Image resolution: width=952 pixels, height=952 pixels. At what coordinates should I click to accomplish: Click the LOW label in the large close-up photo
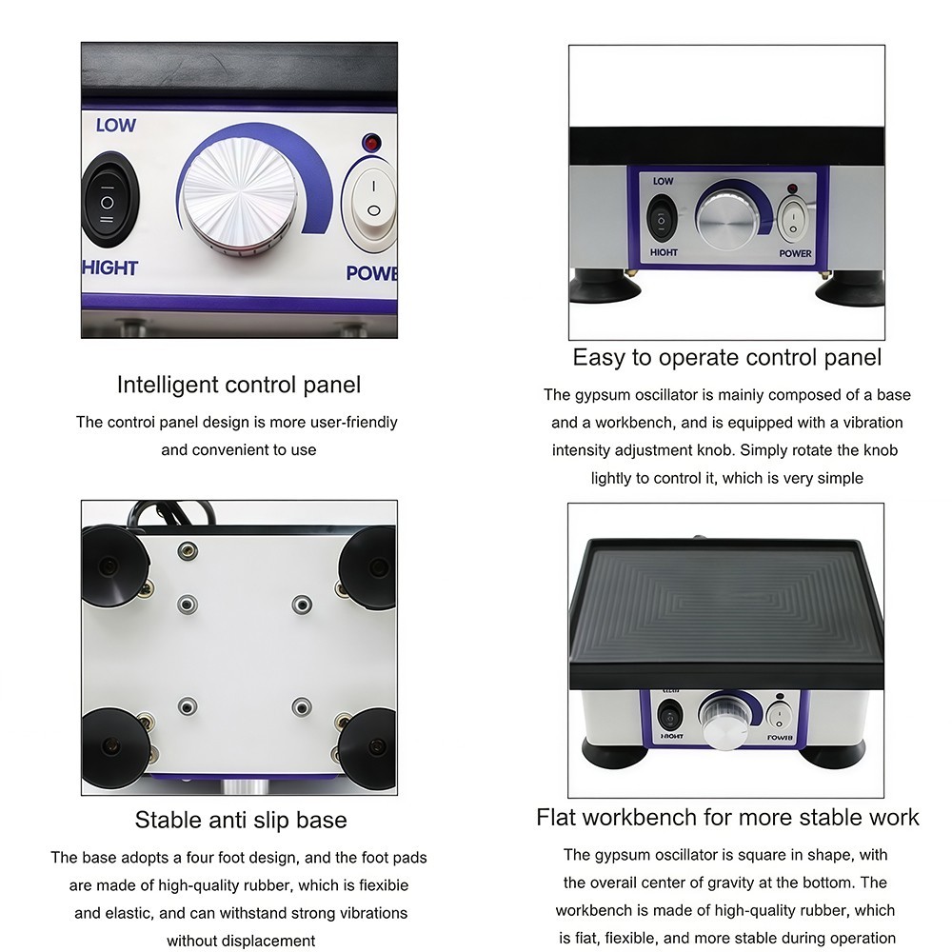coord(115,125)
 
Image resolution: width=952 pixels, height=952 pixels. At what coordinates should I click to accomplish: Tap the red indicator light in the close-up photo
coord(371,144)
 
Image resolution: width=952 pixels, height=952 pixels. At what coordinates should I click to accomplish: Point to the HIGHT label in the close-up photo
coord(110,268)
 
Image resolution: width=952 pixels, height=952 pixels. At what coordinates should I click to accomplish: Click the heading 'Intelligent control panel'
coord(239,385)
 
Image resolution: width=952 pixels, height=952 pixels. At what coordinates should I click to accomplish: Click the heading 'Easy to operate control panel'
coord(726,357)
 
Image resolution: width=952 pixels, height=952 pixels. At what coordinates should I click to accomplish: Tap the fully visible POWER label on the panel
coord(795,253)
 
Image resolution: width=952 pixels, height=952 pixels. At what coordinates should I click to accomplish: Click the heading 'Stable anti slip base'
coord(240,820)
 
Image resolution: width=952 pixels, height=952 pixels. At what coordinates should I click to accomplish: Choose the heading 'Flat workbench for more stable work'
coord(727,817)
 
